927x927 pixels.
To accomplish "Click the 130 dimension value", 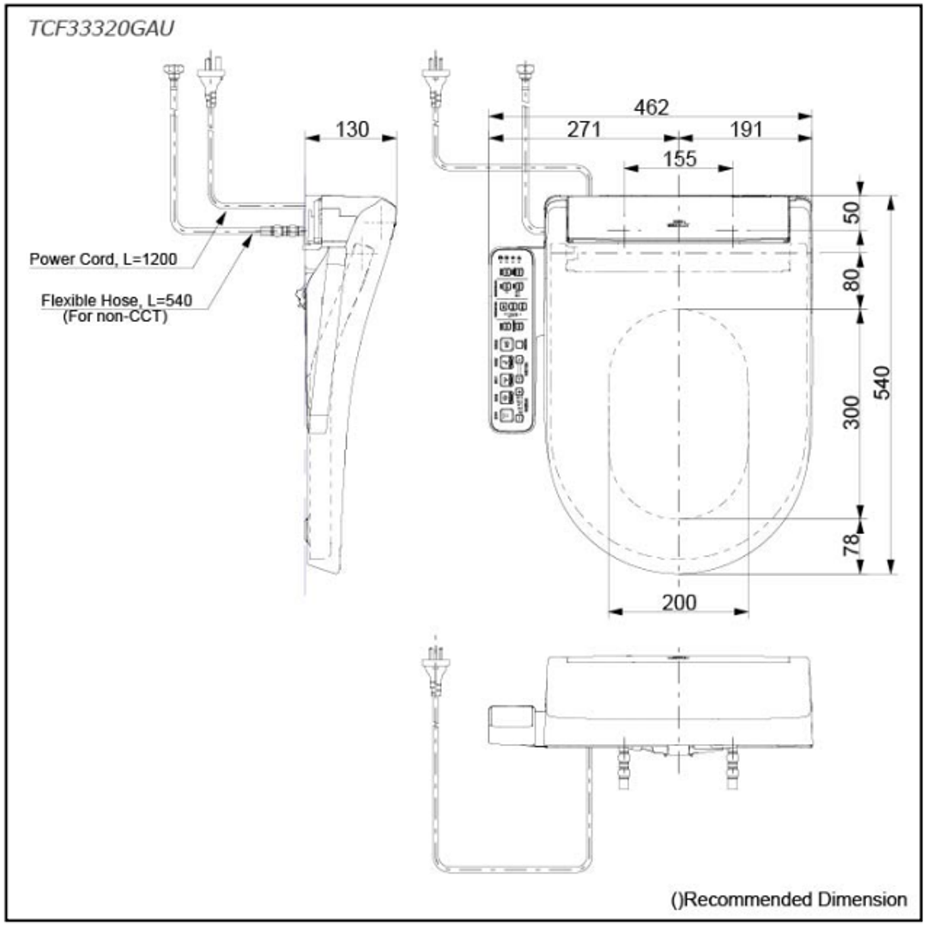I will click(352, 129).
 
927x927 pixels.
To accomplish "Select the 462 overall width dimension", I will click(651, 106).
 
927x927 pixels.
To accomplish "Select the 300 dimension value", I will click(852, 412).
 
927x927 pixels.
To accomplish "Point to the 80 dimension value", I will click(852, 280).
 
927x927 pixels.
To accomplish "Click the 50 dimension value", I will click(852, 213).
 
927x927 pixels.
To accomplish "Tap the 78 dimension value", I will click(852, 543).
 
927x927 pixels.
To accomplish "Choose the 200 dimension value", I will click(679, 603).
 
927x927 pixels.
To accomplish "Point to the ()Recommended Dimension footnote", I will click(788, 899).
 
